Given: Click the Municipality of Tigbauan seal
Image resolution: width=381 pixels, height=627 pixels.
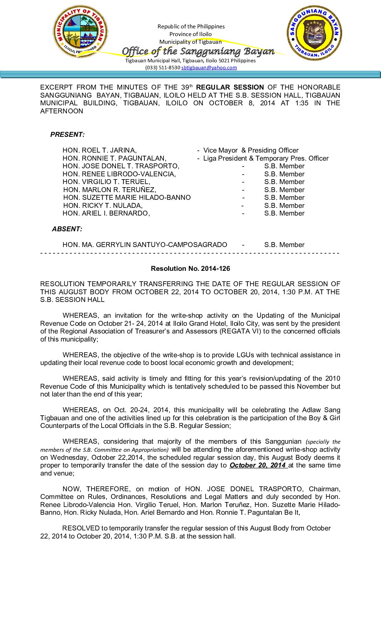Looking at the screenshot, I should pyautogui.click(x=80, y=31).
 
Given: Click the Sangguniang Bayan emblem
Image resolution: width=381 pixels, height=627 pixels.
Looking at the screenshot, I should pyautogui.click(x=314, y=33).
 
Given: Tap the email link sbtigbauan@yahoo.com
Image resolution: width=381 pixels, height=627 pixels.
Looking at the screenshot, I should pyautogui.click(x=209, y=68).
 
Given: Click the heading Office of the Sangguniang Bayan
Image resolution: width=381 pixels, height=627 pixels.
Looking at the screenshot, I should pyautogui.click(x=198, y=51).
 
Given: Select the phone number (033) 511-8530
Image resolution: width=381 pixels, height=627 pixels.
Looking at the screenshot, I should pyautogui.click(x=162, y=68).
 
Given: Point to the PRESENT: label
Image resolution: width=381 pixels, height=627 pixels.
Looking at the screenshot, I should pyautogui.click(x=67, y=135).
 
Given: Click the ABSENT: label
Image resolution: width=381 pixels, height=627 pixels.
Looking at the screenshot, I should pyautogui.click(x=67, y=229).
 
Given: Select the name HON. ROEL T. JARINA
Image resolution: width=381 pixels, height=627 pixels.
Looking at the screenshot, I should pyautogui.click(x=99, y=150).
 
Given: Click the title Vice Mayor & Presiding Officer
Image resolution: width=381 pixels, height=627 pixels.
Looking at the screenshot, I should pyautogui.click(x=251, y=150).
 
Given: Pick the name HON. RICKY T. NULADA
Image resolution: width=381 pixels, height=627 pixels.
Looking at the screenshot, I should pyautogui.click(x=102, y=206).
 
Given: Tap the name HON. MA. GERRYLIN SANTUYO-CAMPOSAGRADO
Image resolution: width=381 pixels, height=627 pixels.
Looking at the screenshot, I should pyautogui.click(x=145, y=245).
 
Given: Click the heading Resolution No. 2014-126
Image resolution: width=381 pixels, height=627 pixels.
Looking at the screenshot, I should pyautogui.click(x=190, y=269).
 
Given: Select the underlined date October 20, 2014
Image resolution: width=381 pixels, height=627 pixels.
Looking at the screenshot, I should pyautogui.click(x=257, y=465).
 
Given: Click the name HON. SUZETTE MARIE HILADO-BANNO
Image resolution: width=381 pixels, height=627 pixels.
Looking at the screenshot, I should pyautogui.click(x=127, y=198).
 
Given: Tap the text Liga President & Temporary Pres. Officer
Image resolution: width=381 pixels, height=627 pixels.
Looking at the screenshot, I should pyautogui.click(x=266, y=158).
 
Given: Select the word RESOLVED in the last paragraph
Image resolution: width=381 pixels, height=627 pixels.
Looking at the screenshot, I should pyautogui.click(x=81, y=528).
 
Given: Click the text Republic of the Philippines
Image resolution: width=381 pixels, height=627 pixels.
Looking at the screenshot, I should pyautogui.click(x=191, y=27).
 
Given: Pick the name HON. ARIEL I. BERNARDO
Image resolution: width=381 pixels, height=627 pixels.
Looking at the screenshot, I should pyautogui.click(x=106, y=213).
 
